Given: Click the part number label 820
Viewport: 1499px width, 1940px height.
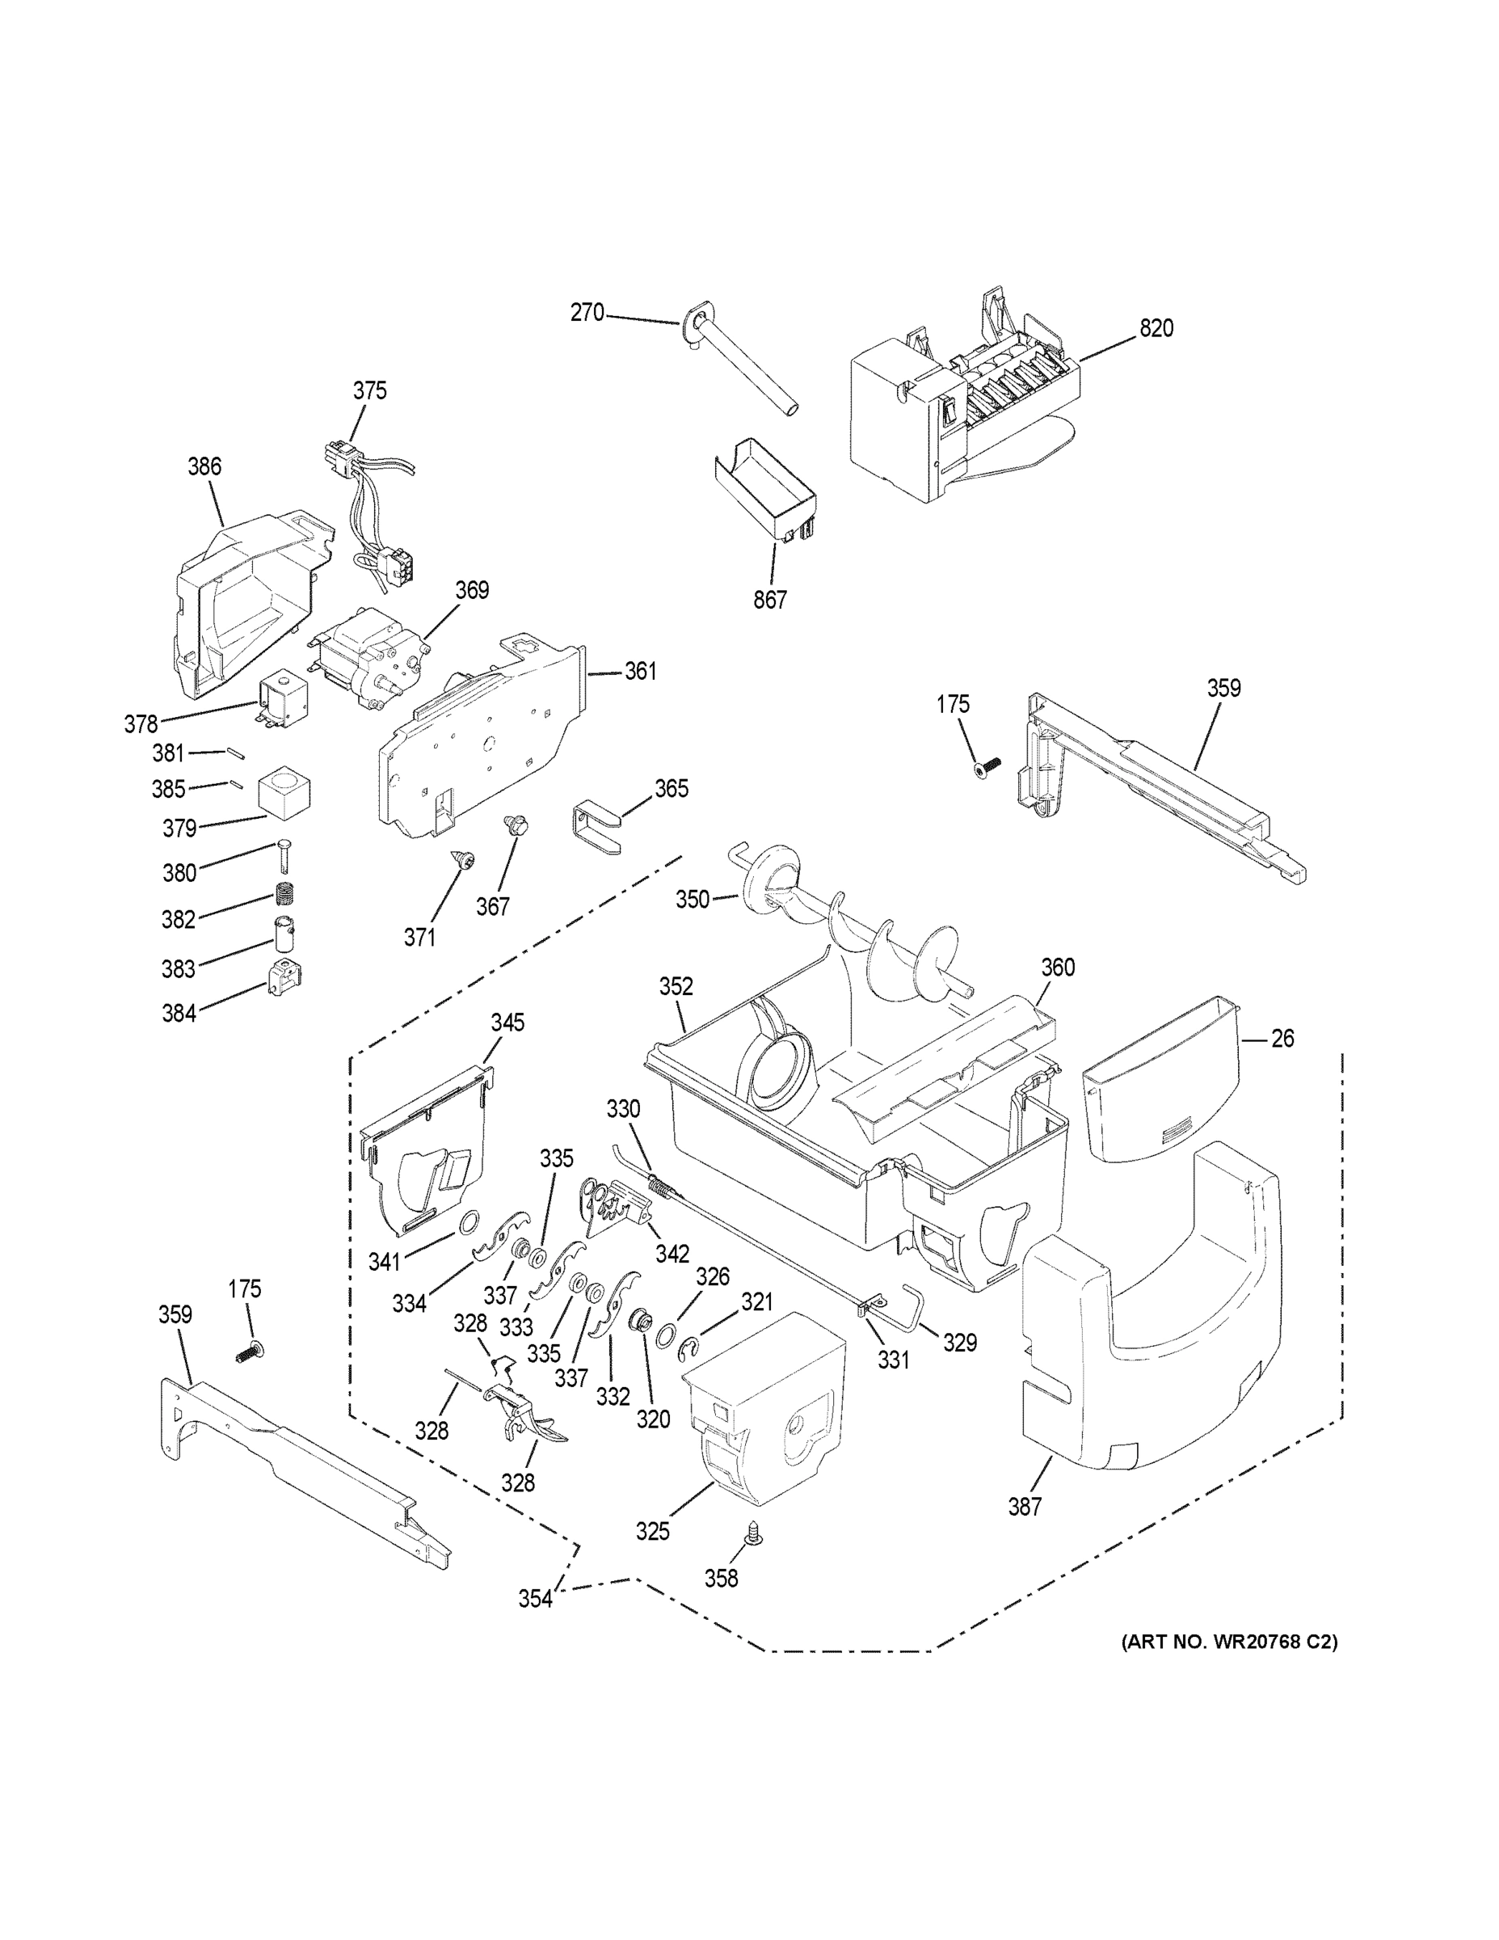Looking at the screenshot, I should click(x=1156, y=329).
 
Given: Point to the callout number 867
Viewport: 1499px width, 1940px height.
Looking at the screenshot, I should click(x=770, y=601).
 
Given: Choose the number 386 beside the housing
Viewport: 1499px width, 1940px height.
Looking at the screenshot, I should click(x=204, y=466).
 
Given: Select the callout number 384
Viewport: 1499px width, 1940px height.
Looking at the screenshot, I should click(x=179, y=1013).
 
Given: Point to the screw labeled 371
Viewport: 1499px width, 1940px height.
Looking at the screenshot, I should click(x=464, y=858).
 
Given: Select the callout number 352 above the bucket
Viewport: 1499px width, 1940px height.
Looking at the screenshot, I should click(x=676, y=987).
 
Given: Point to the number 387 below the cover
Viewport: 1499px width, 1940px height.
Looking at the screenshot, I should click(x=1024, y=1507).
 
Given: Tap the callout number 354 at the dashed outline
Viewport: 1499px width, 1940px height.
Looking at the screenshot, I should click(x=536, y=1599).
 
